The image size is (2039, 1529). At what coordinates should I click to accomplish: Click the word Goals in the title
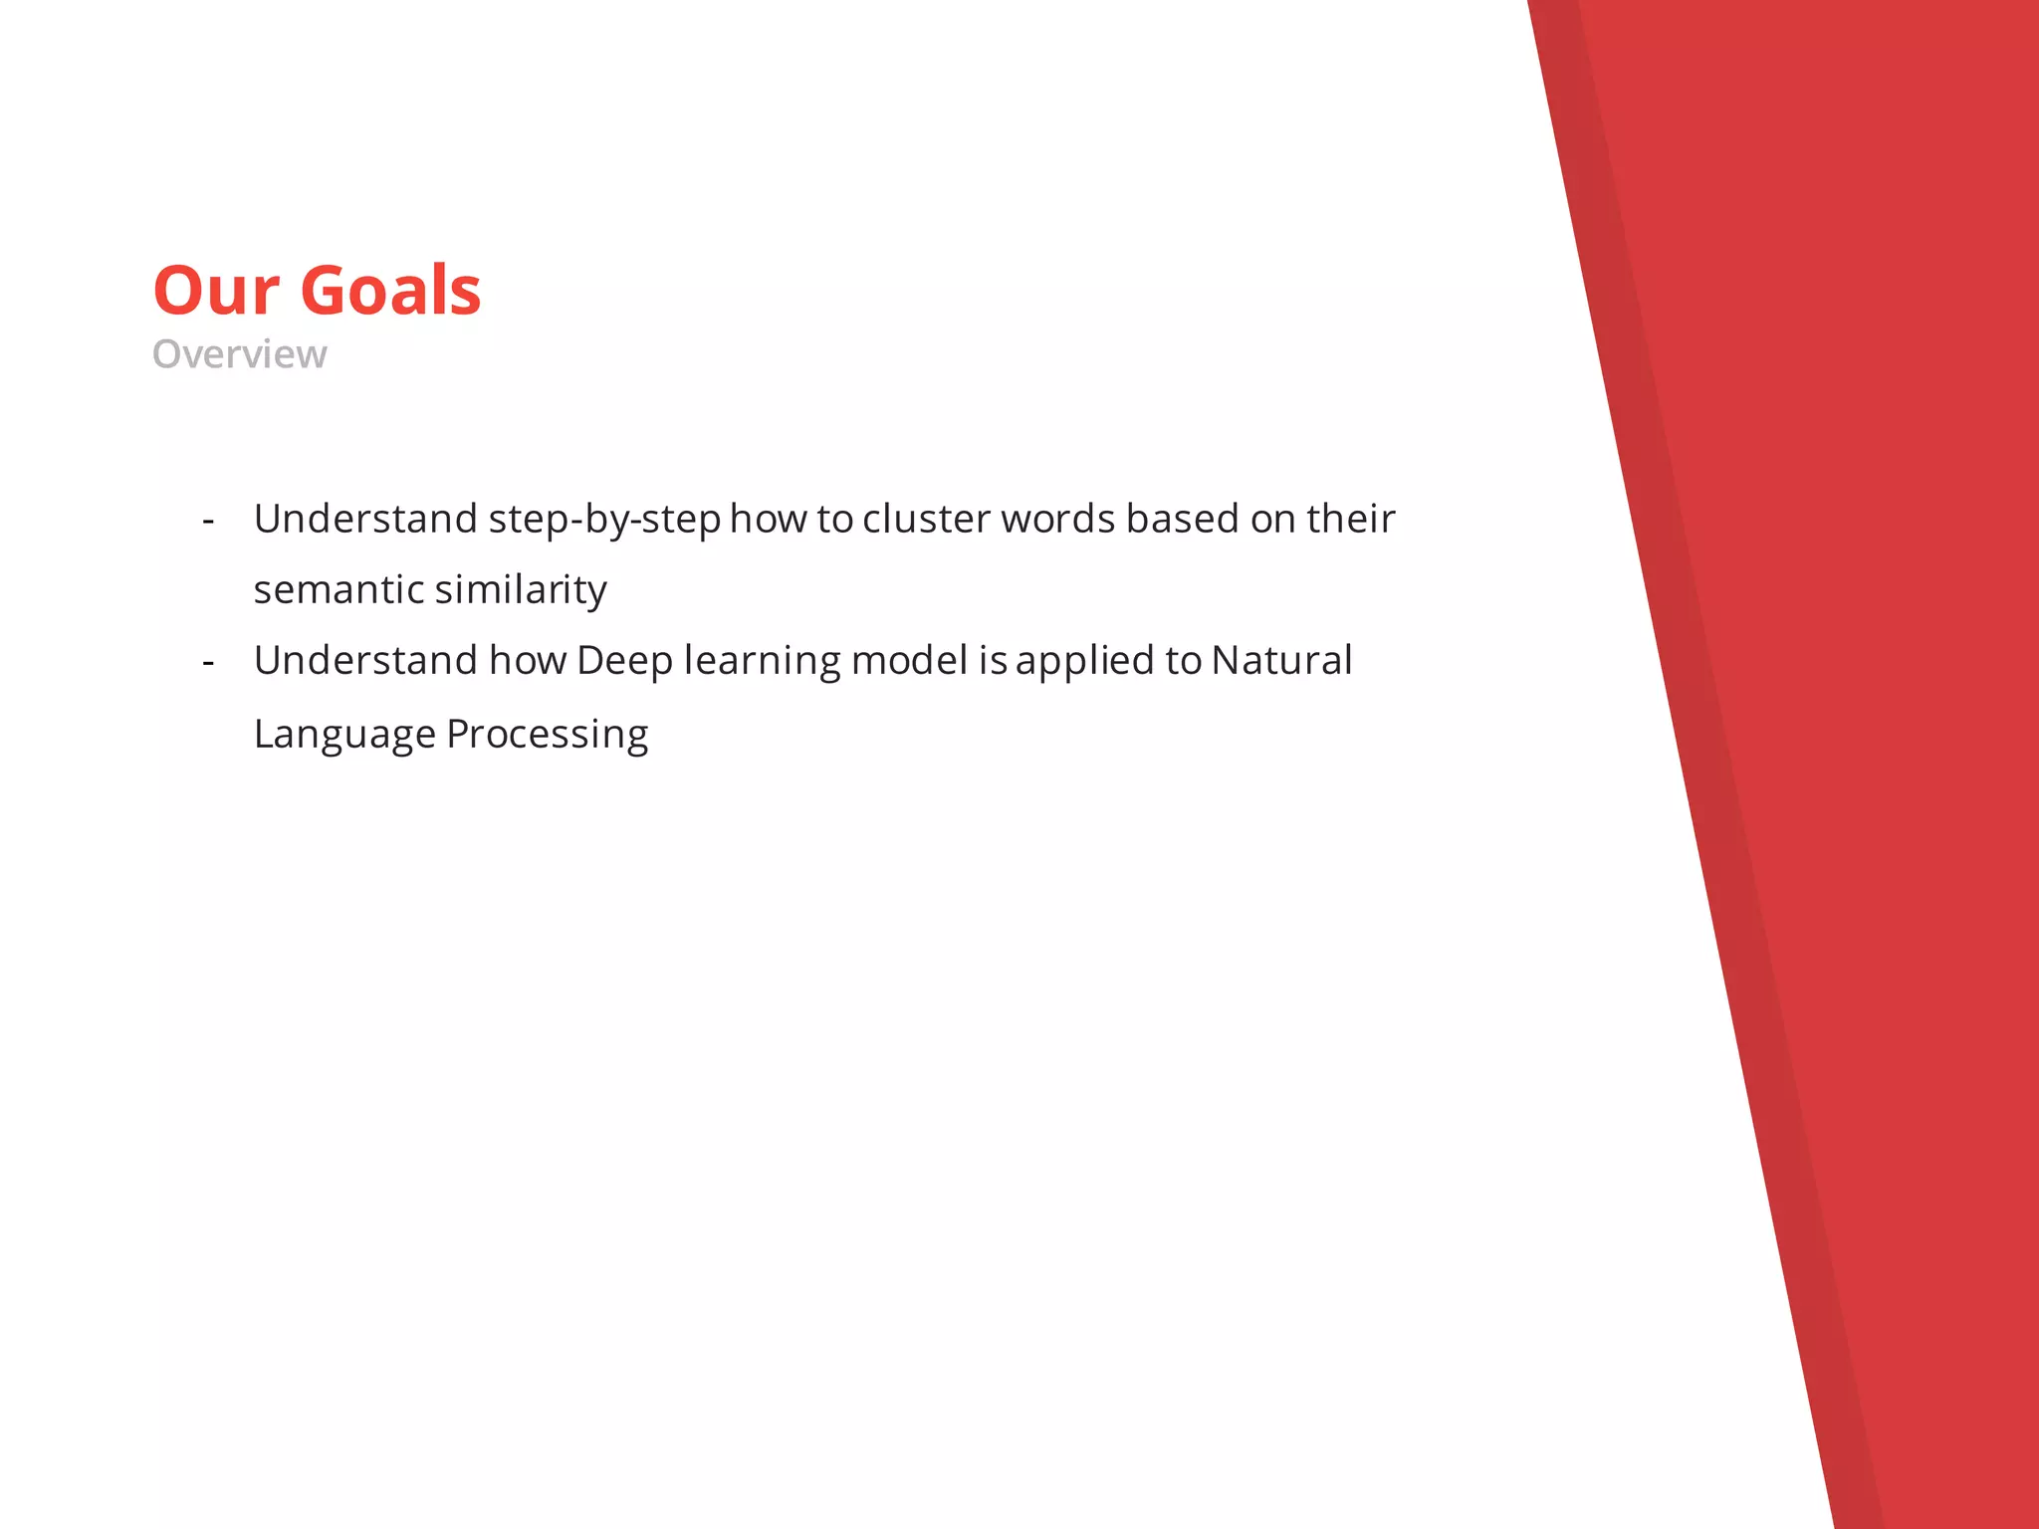[x=390, y=291]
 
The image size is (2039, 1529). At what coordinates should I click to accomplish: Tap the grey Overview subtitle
[x=239, y=354]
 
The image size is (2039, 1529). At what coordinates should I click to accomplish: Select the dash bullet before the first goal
[x=208, y=521]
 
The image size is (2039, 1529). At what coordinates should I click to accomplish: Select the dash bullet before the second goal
[x=208, y=662]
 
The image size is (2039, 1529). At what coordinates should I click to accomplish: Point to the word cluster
[x=926, y=520]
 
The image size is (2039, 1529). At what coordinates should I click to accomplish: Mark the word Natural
[x=1281, y=661]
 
